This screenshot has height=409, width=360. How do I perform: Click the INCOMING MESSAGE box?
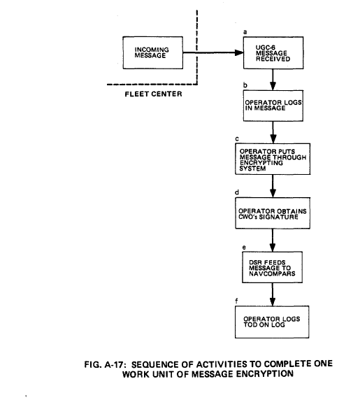(152, 52)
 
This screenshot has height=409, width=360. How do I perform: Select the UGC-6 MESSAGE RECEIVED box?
(273, 52)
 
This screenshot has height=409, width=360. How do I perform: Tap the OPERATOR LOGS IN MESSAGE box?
(273, 106)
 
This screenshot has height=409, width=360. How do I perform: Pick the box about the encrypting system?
(273, 159)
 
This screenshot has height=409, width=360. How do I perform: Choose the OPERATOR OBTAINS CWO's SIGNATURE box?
(273, 213)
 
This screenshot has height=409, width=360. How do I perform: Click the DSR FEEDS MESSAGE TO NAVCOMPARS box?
(273, 267)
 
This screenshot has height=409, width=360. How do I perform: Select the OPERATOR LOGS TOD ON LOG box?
(272, 322)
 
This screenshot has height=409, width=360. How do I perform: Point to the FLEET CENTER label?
(153, 94)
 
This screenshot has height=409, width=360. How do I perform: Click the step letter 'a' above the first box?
(245, 32)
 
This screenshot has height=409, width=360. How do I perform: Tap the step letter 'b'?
(245, 85)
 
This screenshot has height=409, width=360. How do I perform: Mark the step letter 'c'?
(237, 139)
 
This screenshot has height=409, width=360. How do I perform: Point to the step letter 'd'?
(237, 192)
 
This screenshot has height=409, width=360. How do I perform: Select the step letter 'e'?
(244, 247)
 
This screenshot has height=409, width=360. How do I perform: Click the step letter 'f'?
(236, 301)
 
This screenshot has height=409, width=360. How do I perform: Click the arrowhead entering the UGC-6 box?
(239, 52)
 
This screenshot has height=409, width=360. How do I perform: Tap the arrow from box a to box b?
(273, 80)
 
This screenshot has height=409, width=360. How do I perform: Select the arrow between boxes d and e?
(273, 241)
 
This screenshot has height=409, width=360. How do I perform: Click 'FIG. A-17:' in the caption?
(103, 364)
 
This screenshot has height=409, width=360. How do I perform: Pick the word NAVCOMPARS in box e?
(272, 273)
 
